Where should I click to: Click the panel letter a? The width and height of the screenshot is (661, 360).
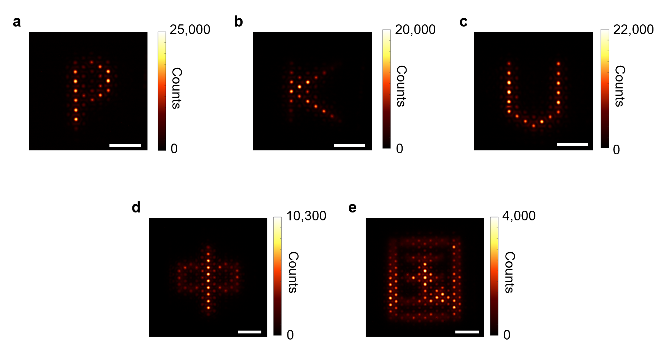(x=17, y=22)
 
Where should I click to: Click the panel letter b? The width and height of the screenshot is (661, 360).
(x=239, y=22)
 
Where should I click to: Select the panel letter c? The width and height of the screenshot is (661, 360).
(x=463, y=22)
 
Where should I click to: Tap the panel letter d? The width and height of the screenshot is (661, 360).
(x=136, y=208)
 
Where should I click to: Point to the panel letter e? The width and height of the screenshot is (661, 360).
(x=352, y=208)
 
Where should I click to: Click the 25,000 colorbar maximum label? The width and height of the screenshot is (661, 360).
(x=190, y=30)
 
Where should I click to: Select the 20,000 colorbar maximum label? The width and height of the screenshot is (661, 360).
(x=415, y=30)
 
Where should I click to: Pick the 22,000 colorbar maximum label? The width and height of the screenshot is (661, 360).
(x=633, y=30)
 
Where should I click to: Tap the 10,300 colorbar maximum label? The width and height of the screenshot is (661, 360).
(x=306, y=216)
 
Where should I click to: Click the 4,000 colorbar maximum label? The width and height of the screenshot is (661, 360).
(x=519, y=216)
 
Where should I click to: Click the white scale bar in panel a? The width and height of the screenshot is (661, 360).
(x=125, y=145)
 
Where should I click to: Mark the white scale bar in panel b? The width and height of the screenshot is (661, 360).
(x=350, y=145)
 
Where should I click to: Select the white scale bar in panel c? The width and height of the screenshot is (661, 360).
(x=572, y=144)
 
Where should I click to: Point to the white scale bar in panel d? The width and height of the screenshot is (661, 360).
(x=249, y=332)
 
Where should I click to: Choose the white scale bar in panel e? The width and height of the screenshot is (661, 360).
(x=467, y=332)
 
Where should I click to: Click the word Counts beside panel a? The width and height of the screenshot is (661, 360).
(x=177, y=88)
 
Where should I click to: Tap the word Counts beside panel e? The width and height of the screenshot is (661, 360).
(x=510, y=272)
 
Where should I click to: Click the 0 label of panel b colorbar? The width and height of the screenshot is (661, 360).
(x=399, y=149)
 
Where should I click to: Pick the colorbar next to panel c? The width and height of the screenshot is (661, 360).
(x=605, y=89)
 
